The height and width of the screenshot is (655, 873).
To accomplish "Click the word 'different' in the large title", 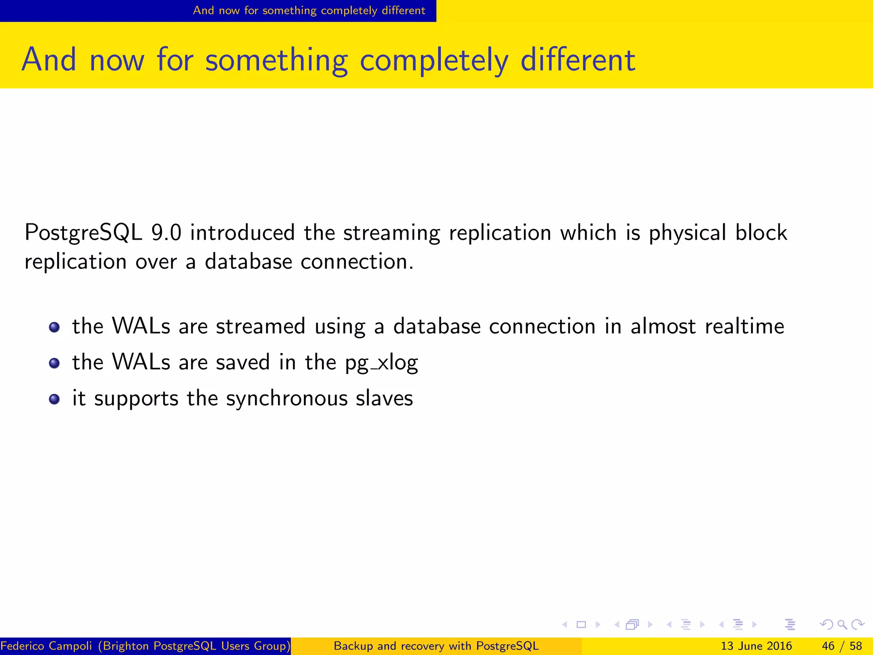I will (x=578, y=60).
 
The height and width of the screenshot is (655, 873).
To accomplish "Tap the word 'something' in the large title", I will (x=276, y=61).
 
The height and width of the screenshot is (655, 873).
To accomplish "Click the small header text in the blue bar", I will (x=309, y=11).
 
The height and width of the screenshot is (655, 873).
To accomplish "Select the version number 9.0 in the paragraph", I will (x=166, y=233).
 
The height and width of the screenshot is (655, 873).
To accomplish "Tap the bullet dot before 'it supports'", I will (x=54, y=399).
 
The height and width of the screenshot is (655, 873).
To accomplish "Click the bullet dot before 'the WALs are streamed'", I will (x=54, y=327).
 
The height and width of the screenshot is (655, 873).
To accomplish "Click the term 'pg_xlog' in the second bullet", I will (x=382, y=363).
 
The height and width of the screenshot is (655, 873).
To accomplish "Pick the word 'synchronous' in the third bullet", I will (x=286, y=399).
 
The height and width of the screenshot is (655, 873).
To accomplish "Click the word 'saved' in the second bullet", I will (x=243, y=362).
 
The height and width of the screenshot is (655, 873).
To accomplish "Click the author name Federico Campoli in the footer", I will (x=46, y=646).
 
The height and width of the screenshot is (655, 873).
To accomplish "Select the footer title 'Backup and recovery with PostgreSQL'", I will (x=436, y=646).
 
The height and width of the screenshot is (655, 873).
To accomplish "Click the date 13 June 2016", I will (x=756, y=646).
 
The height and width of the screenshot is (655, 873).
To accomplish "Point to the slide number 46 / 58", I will (x=841, y=646).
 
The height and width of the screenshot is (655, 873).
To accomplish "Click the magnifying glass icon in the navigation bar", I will (x=842, y=625).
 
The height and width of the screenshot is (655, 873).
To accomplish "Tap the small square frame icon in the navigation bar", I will (x=581, y=625).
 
